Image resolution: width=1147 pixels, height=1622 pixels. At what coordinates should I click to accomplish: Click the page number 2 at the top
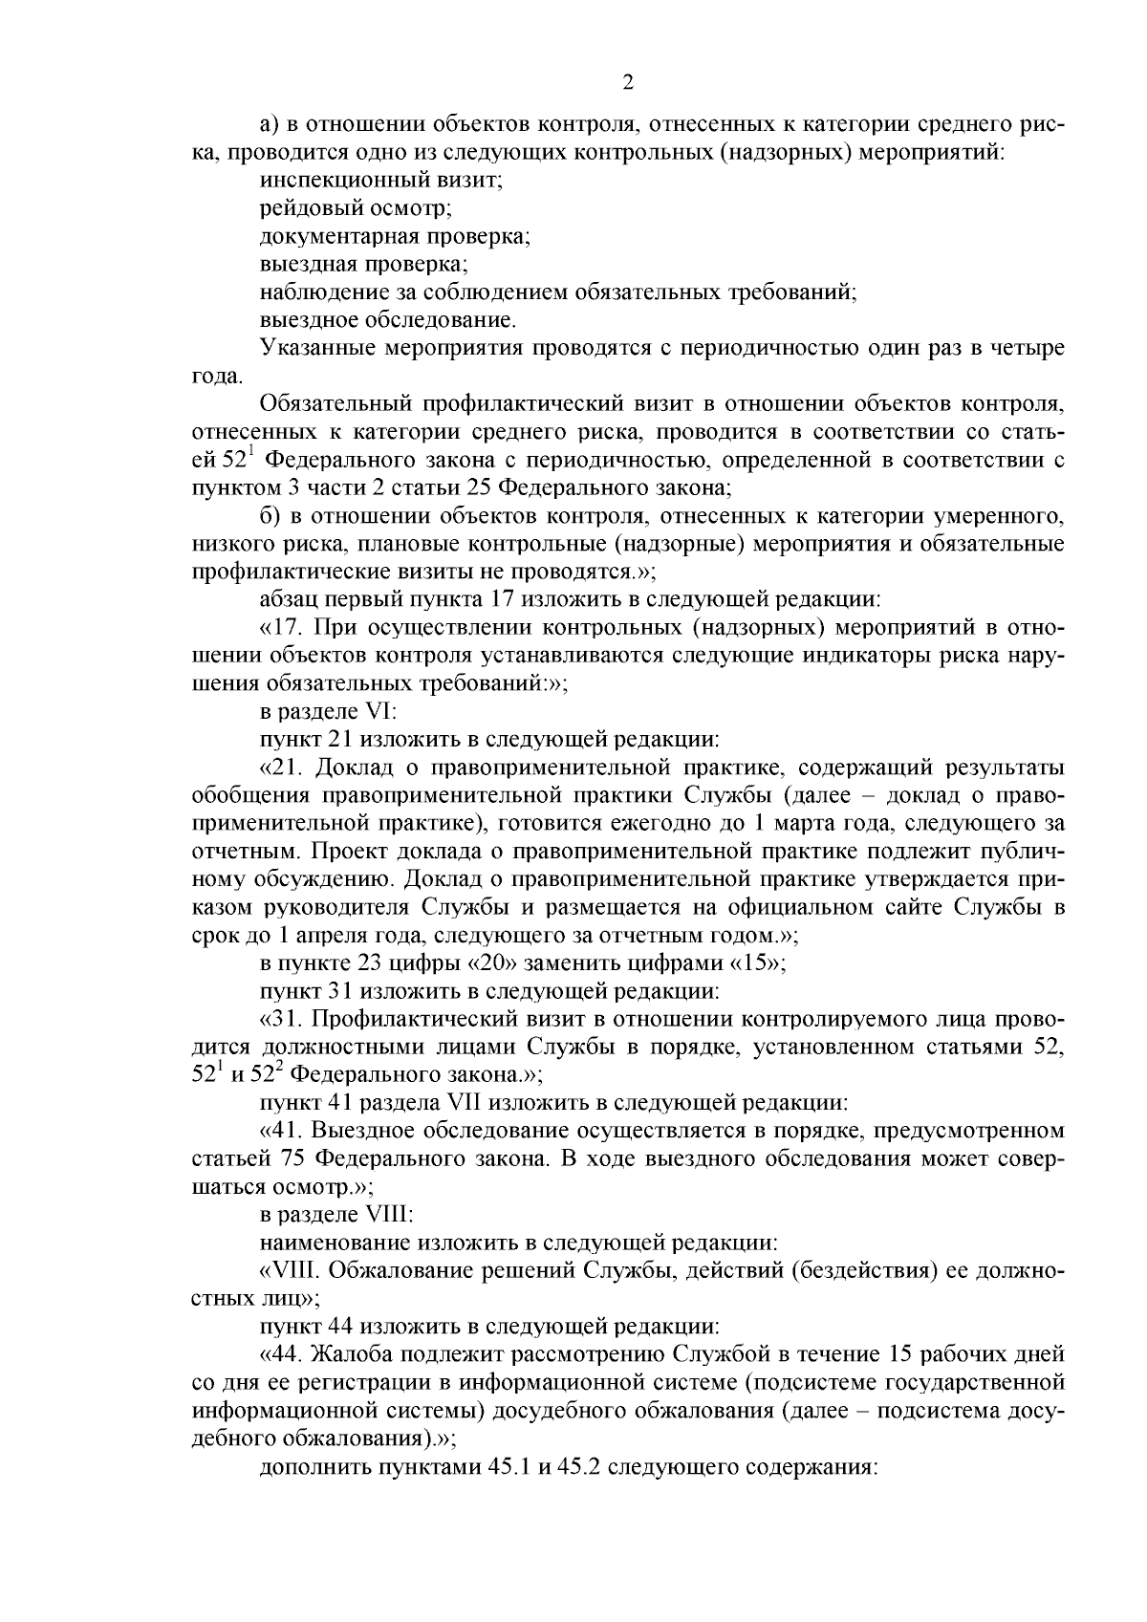pos(627,82)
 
